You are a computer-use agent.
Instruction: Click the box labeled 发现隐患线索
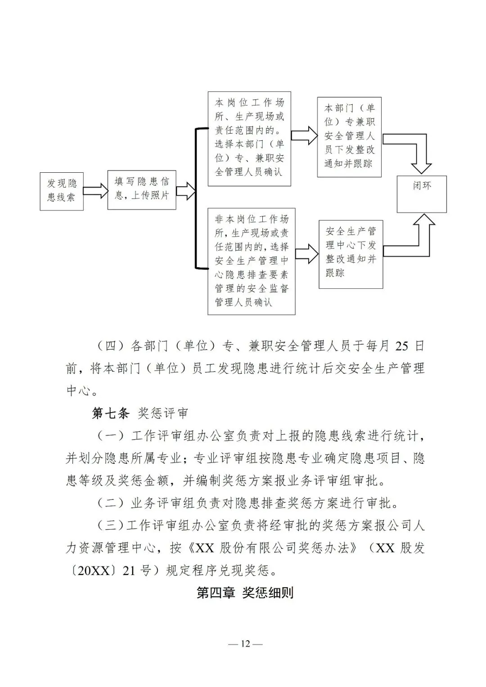62,191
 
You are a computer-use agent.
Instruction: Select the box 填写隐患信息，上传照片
141,189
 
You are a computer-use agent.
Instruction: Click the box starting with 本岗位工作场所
249,139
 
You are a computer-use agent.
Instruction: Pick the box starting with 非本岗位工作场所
251,261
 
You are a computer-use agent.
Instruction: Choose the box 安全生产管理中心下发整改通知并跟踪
351,254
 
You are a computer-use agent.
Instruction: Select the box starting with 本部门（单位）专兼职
349,137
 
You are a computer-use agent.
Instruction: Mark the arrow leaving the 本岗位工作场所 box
304,135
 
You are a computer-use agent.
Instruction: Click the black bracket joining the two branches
195,198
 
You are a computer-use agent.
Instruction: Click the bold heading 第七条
110,413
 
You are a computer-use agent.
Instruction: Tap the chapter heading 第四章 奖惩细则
245,593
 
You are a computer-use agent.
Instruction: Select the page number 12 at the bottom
245,644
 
